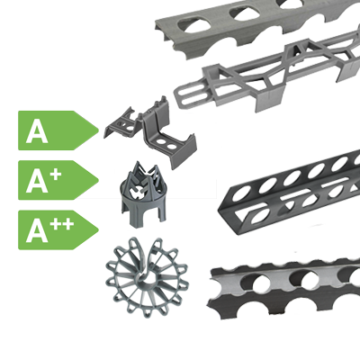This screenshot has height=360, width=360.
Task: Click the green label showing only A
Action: (x=57, y=130)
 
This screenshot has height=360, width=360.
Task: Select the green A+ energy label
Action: (x=57, y=180)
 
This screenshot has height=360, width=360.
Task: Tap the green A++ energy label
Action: (x=57, y=229)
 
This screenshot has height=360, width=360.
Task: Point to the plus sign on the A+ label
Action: (x=56, y=175)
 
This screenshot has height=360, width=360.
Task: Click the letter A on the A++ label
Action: (x=37, y=232)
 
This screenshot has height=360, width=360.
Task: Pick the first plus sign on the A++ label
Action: (x=56, y=225)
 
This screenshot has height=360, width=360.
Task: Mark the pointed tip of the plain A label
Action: (x=98, y=130)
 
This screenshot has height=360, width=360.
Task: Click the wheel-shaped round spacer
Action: (x=148, y=277)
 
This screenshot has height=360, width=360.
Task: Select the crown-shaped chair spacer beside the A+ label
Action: (x=144, y=195)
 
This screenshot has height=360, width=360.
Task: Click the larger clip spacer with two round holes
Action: (x=168, y=138)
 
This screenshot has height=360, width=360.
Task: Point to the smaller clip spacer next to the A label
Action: (x=123, y=124)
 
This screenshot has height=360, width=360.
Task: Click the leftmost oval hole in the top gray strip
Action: (x=193, y=24)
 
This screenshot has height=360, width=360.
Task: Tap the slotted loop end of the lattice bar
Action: (x=191, y=95)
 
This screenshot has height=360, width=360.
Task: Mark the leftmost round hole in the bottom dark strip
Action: (x=261, y=283)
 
